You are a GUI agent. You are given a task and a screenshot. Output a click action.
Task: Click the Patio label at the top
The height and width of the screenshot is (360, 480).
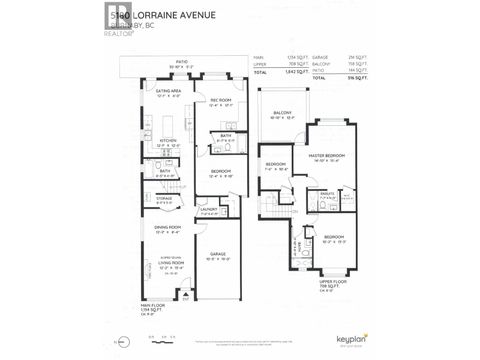pyautogui.click(x=181, y=61)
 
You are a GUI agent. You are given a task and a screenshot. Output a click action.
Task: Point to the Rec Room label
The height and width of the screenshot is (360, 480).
pyautogui.click(x=221, y=101)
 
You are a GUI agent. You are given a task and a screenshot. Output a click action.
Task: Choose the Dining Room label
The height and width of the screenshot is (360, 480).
pyautogui.click(x=167, y=227)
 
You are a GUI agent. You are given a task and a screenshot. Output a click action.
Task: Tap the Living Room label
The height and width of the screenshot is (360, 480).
pyautogui.click(x=167, y=265)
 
